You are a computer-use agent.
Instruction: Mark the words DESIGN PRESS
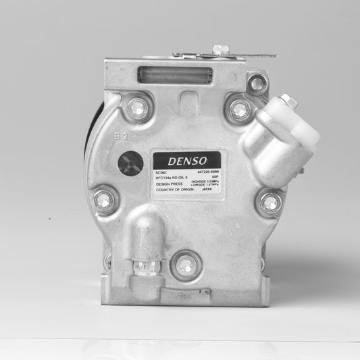[x=168, y=184]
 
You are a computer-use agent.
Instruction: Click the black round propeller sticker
[x=128, y=163]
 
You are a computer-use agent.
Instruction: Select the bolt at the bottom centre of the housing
[x=185, y=265]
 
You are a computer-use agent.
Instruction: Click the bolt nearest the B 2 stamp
[x=138, y=106]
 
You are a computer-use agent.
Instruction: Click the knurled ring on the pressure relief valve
[x=148, y=269]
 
